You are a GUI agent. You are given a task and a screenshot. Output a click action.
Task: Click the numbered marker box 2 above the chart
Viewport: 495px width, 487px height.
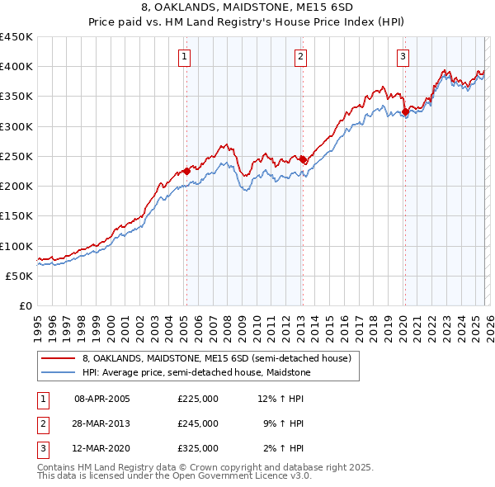point(300,57)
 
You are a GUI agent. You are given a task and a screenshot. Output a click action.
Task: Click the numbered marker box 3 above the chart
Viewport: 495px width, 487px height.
point(403,57)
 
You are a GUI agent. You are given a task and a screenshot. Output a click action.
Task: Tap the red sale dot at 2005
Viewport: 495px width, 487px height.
point(186,171)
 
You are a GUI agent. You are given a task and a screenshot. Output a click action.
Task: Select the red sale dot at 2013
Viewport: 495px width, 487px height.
point(303,159)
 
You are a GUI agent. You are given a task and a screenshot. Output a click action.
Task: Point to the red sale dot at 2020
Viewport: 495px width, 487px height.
point(405,111)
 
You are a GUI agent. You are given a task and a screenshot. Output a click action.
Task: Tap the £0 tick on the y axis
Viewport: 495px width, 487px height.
point(25,305)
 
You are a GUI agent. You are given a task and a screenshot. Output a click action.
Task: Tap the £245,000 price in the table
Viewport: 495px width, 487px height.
point(197,423)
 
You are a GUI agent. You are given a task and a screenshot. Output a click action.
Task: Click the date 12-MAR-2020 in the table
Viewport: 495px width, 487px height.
point(102,448)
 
